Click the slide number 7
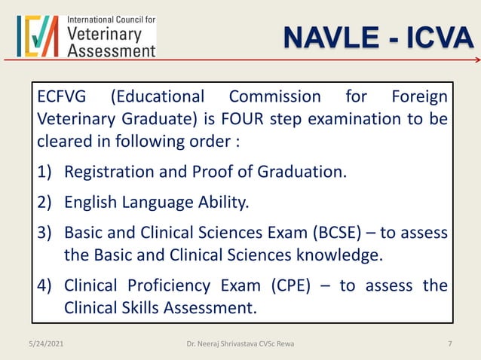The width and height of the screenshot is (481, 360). (450, 344)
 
